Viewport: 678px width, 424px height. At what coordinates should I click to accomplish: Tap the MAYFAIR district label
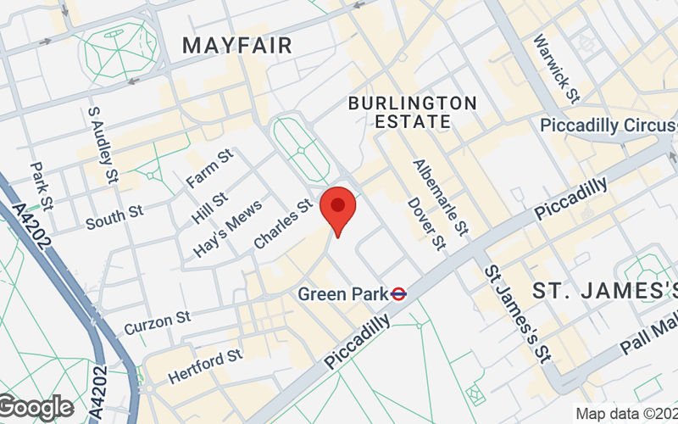point(237,45)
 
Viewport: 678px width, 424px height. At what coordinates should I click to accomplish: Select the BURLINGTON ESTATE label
point(413,112)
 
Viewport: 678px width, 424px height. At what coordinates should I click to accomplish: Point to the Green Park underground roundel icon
point(398,293)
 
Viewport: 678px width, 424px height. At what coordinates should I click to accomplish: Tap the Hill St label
point(208,208)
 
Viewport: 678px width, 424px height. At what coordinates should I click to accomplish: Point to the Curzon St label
point(158,323)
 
